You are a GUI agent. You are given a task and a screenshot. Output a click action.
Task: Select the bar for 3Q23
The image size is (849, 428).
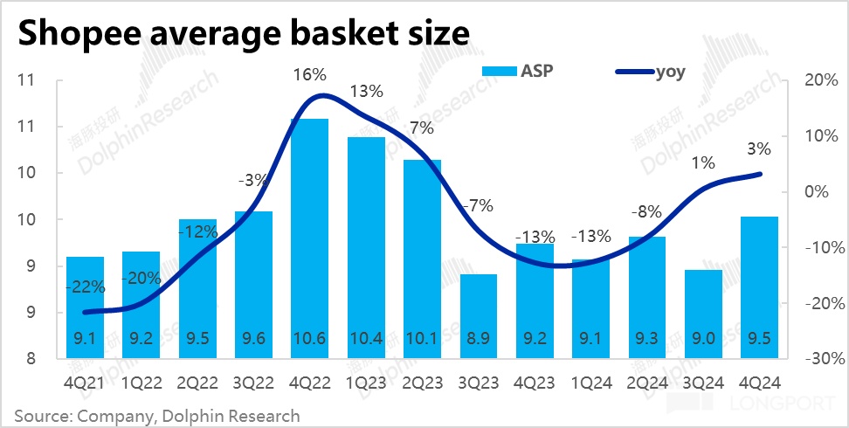tap(478, 316)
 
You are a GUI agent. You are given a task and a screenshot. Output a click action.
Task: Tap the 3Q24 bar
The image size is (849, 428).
tap(703, 314)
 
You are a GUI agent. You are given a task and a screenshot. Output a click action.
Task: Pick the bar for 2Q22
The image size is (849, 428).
tap(197, 288)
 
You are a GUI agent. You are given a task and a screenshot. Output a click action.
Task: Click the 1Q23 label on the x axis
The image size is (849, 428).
tap(365, 382)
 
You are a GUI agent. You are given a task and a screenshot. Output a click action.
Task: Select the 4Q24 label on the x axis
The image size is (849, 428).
tap(760, 382)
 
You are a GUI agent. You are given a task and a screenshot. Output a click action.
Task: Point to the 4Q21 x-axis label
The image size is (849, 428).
tap(84, 382)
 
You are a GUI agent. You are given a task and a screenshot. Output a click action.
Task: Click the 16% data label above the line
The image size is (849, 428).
tap(309, 75)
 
